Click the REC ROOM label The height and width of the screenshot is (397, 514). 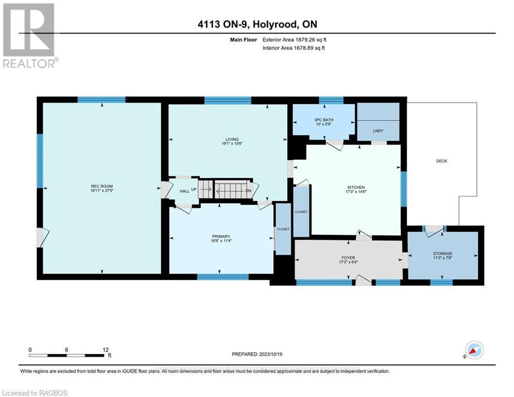[x=102, y=186]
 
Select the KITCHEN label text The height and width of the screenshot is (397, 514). [x=356, y=187]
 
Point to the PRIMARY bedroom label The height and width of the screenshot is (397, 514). [x=221, y=236]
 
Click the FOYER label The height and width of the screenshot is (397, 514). [x=348, y=257]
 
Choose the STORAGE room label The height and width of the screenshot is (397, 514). [x=442, y=253]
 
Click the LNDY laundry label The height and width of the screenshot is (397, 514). [x=378, y=131]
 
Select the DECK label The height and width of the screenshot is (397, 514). [x=441, y=161]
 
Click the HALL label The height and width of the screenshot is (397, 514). [x=184, y=191]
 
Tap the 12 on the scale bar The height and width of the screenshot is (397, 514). [x=105, y=349]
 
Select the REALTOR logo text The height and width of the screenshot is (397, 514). [x=30, y=64]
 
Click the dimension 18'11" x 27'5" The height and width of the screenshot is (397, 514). [x=102, y=191]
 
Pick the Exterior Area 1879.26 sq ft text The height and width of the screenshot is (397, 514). [x=294, y=39]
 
